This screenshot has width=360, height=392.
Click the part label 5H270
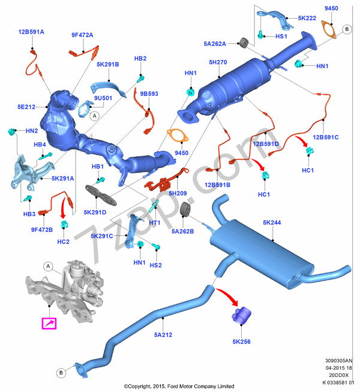tap(218, 62)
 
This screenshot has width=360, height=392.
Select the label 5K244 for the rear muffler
tap(272, 222)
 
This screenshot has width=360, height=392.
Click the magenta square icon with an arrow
tap(48, 324)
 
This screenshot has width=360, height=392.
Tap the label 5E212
tap(27, 107)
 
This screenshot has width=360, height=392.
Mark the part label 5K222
tap(307, 18)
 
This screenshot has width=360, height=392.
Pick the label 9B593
tap(149, 94)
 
